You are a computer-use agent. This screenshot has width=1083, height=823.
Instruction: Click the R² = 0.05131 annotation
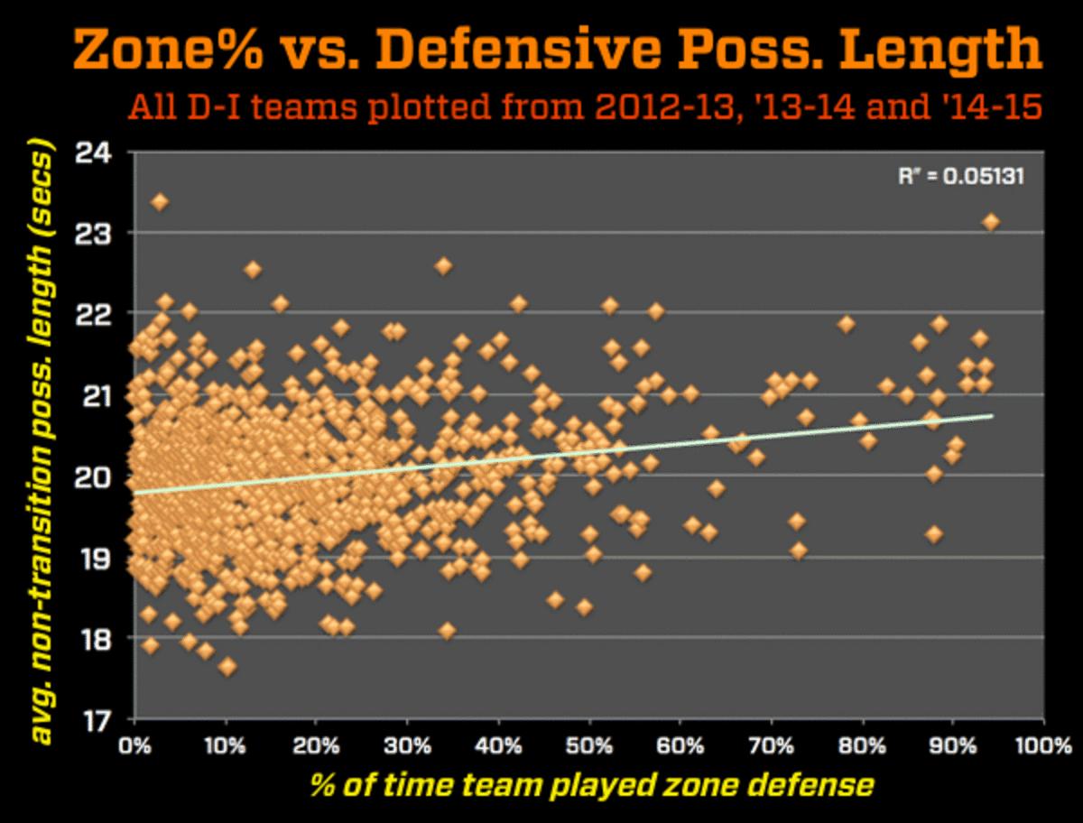[x=961, y=176]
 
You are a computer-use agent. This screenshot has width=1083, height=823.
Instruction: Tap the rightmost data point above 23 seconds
[x=991, y=221]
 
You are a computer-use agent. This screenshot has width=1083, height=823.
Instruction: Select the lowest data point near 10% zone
[x=227, y=667]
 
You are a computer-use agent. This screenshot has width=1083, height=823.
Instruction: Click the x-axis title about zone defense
[x=591, y=785]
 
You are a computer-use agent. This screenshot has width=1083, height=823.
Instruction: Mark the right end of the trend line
[x=992, y=416]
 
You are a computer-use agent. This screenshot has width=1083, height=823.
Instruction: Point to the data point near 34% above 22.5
[x=443, y=266]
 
